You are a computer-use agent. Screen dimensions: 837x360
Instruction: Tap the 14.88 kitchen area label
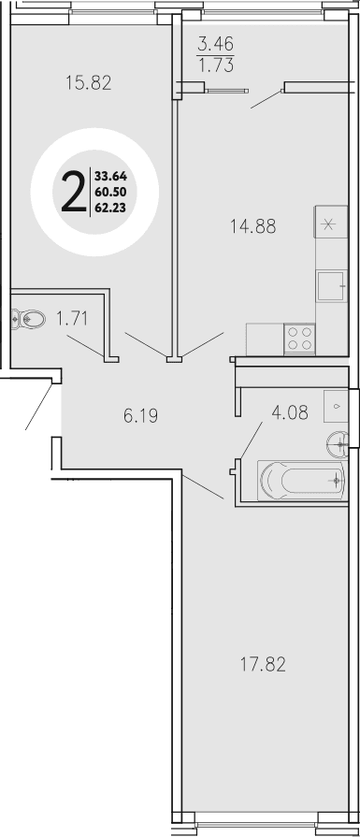click(254, 224)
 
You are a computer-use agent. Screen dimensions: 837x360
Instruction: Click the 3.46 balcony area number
click(215, 43)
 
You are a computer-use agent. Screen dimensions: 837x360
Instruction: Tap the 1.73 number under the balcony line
click(215, 65)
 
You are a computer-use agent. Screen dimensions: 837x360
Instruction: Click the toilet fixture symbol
click(28, 319)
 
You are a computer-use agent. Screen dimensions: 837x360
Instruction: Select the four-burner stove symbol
click(299, 337)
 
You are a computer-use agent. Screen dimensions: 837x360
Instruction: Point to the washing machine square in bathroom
click(335, 405)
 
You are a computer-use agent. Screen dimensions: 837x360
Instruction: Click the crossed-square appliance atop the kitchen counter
click(329, 224)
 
